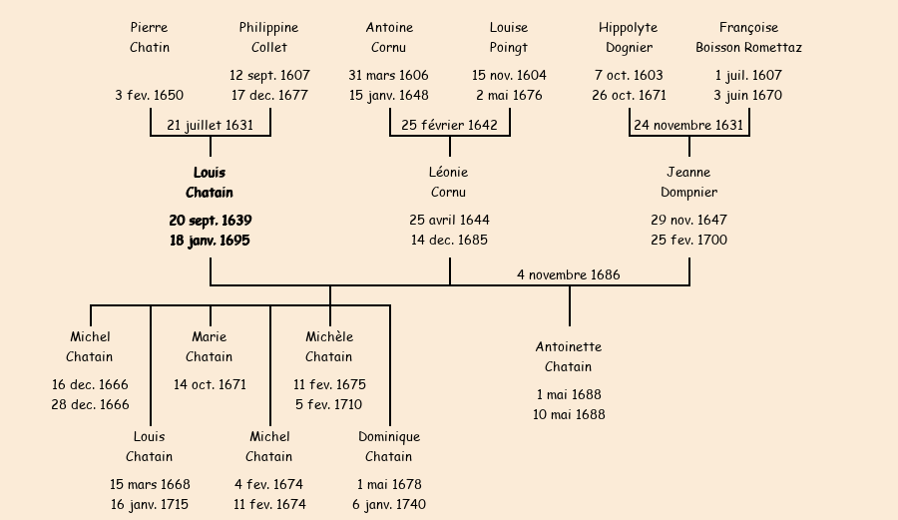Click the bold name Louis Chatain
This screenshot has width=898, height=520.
click(210, 183)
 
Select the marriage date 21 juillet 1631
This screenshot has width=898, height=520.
click(211, 126)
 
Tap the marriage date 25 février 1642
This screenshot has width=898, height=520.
click(449, 126)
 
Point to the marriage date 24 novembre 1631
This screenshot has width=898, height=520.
click(688, 126)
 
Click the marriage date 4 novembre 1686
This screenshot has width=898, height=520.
click(569, 275)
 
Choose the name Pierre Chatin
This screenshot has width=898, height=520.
click(150, 38)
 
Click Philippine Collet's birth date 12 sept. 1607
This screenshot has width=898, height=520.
click(269, 76)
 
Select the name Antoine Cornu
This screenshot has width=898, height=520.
click(389, 38)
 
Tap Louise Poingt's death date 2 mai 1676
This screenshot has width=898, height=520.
click(509, 96)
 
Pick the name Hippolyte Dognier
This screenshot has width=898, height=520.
click(629, 38)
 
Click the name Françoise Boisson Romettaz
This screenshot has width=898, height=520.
click(748, 38)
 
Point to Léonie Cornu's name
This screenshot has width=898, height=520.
click(449, 183)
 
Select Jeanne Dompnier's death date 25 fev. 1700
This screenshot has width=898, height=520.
click(688, 241)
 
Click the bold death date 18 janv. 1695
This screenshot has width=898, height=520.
click(210, 241)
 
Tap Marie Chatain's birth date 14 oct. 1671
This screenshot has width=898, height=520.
click(210, 385)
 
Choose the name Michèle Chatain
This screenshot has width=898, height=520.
click(329, 347)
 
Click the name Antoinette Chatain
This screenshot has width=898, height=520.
click(569, 357)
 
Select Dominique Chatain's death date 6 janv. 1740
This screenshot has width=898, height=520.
click(389, 505)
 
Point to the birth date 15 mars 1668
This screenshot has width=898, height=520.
click(150, 485)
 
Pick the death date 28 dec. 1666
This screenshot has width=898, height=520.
click(90, 405)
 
